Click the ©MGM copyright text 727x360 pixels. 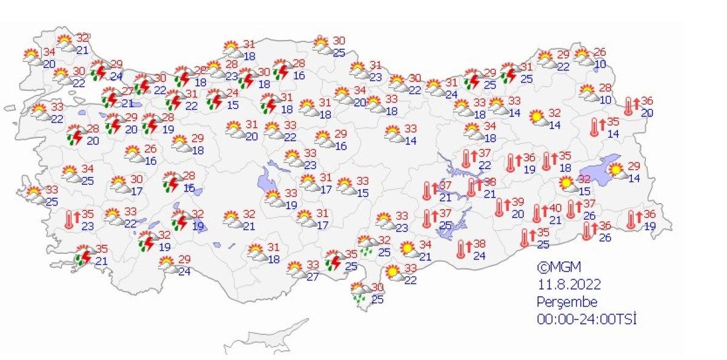click(554, 267)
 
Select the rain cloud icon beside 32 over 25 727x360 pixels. click(365, 244)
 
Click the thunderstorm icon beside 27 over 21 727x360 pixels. click(110, 98)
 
